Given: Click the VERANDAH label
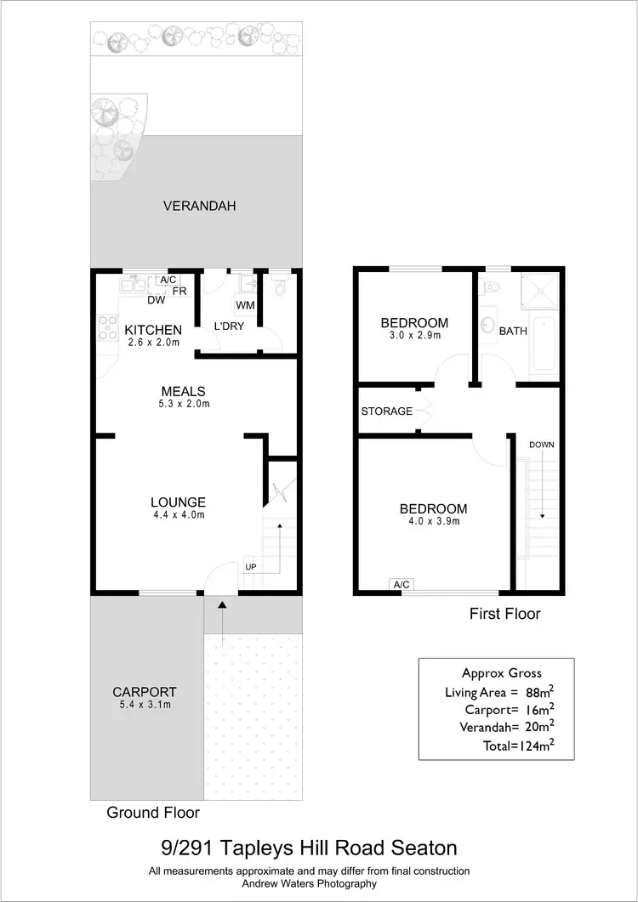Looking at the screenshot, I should (199, 206).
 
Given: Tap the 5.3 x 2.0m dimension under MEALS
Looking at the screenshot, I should (185, 404).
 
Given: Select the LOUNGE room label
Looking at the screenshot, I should (178, 502).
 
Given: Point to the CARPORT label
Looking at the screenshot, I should (145, 692).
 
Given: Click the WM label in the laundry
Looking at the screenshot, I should (245, 304).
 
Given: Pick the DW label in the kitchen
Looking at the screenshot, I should (156, 299).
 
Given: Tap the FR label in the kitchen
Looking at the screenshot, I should (179, 291).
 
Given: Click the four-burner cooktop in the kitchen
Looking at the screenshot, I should (108, 328).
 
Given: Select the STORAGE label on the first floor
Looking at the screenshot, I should (387, 411).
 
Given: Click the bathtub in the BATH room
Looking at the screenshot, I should (543, 342).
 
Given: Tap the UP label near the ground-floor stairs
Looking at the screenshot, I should (251, 566).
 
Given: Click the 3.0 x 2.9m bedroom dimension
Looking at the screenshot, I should (414, 336).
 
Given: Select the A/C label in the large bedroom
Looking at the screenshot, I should (401, 584).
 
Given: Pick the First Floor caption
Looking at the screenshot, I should (505, 614).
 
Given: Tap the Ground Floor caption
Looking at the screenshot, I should (153, 813).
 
